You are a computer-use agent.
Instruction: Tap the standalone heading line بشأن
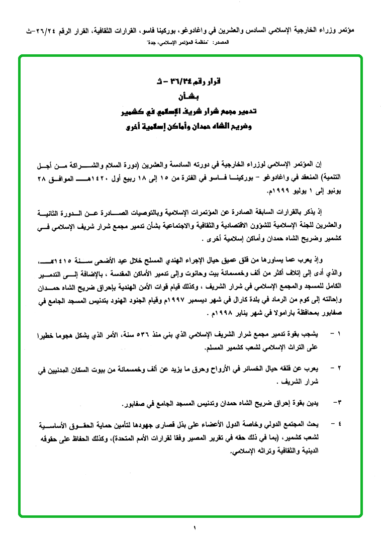188,96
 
